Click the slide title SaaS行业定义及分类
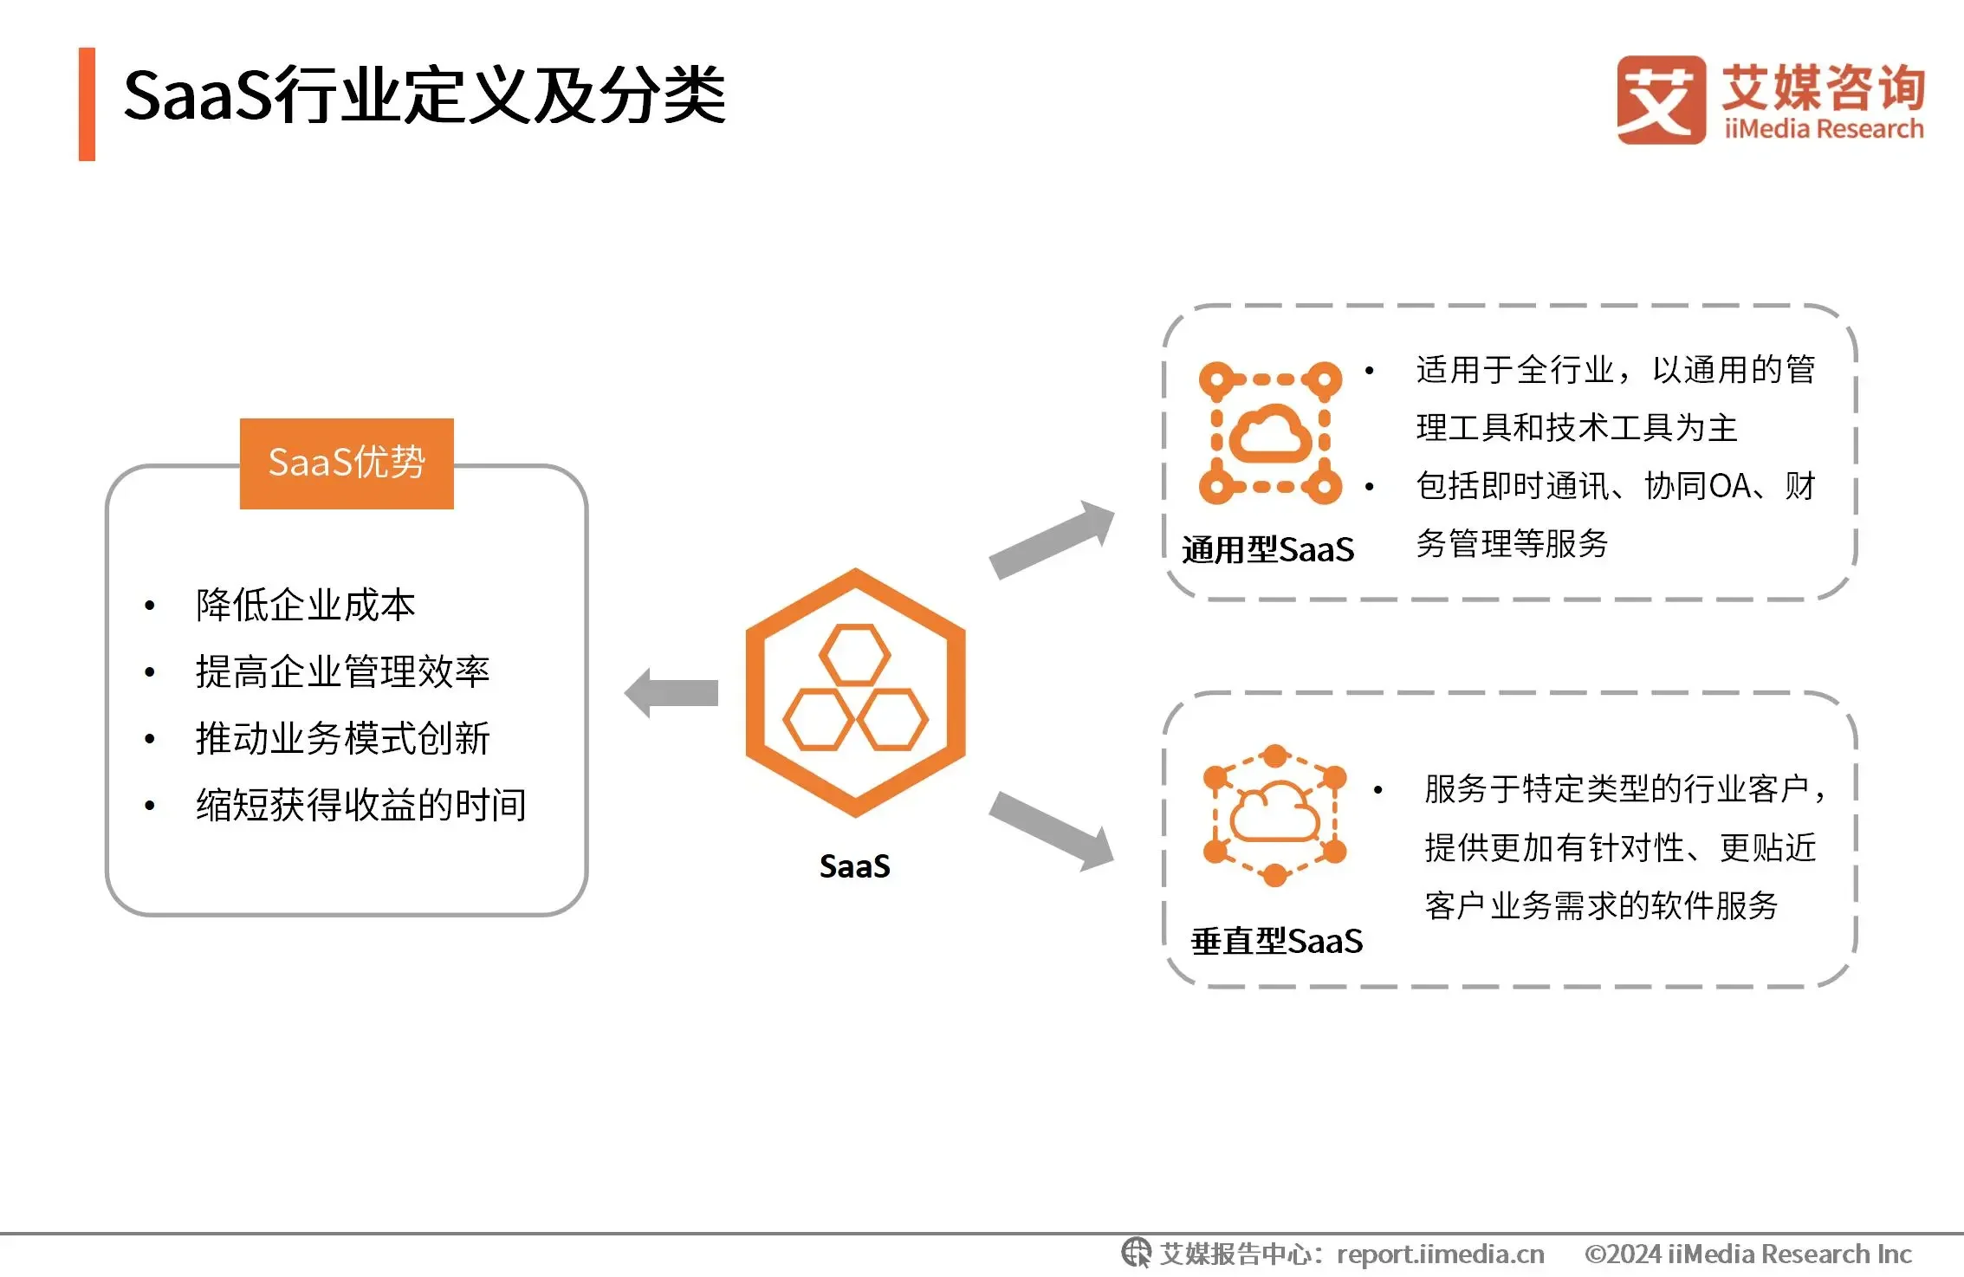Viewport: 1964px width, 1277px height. [425, 95]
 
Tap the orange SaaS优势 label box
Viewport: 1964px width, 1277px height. [347, 463]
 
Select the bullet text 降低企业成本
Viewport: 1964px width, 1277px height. [306, 605]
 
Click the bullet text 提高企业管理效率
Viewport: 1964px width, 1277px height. [343, 671]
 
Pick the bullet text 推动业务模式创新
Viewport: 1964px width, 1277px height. [343, 738]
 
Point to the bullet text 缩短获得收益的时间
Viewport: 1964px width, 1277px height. [361, 805]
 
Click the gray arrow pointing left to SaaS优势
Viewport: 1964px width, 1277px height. [671, 693]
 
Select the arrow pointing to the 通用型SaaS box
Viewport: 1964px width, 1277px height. [1052, 540]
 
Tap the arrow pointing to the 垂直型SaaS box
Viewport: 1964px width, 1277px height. [1052, 831]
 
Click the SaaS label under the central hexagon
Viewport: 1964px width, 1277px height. [855, 866]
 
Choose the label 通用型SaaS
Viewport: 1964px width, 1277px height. [1268, 550]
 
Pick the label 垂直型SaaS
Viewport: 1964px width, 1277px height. [1277, 942]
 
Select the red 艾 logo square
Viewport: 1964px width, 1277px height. [1661, 100]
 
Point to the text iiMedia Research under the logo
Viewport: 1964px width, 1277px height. [1824, 129]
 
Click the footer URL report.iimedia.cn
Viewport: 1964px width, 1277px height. [1441, 1254]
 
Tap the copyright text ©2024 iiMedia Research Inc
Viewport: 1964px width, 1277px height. [1748, 1254]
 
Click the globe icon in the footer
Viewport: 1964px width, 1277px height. [1137, 1253]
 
